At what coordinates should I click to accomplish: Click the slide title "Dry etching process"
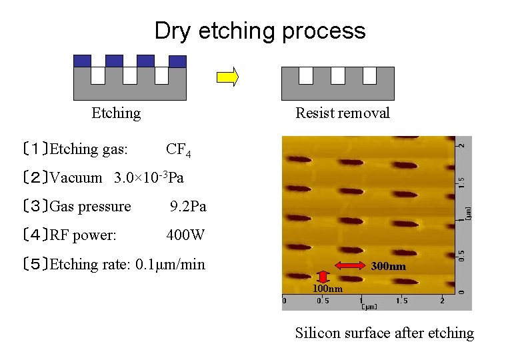[260, 31]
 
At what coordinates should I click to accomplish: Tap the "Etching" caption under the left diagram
[116, 113]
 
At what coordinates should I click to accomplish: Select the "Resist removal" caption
[342, 113]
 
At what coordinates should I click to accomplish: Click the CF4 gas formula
[179, 149]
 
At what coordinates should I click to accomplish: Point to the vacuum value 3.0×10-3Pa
[149, 177]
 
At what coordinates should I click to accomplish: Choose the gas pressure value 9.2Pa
[188, 207]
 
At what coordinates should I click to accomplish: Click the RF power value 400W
[185, 235]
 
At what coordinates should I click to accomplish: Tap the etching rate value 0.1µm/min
[170, 265]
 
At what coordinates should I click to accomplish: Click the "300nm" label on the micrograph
[389, 266]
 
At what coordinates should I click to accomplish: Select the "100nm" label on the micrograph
[328, 288]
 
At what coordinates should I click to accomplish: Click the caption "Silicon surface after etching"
[384, 333]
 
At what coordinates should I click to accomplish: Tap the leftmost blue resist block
[82, 61]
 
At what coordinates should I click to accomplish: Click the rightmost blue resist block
[177, 61]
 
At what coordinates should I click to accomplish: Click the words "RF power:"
[83, 235]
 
